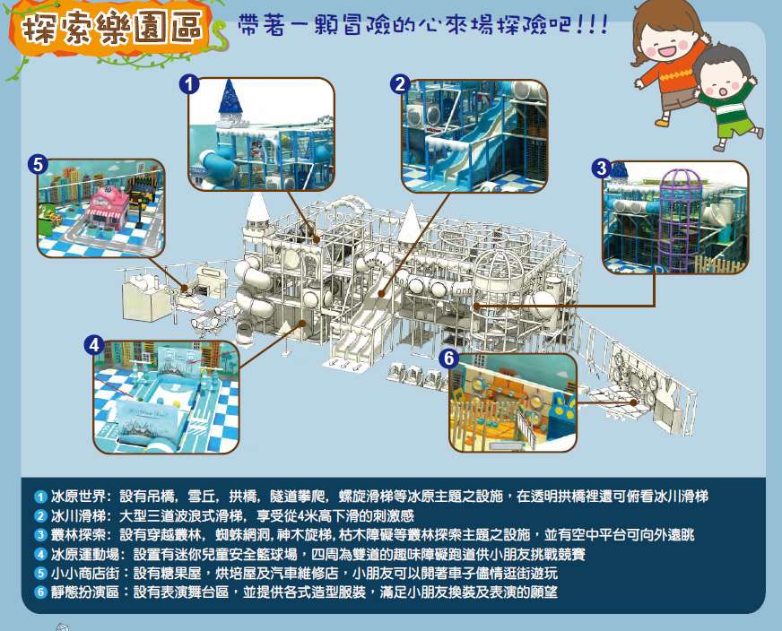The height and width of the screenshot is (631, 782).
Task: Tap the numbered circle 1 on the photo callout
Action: (189, 84)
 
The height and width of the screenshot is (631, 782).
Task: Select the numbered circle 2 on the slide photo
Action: (400, 84)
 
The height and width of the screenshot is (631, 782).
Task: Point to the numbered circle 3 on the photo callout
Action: (602, 168)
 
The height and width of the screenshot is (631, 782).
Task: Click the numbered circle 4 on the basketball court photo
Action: (94, 345)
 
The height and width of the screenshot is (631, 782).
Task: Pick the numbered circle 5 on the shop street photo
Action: (39, 164)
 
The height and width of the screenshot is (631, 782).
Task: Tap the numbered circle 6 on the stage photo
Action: (449, 359)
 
